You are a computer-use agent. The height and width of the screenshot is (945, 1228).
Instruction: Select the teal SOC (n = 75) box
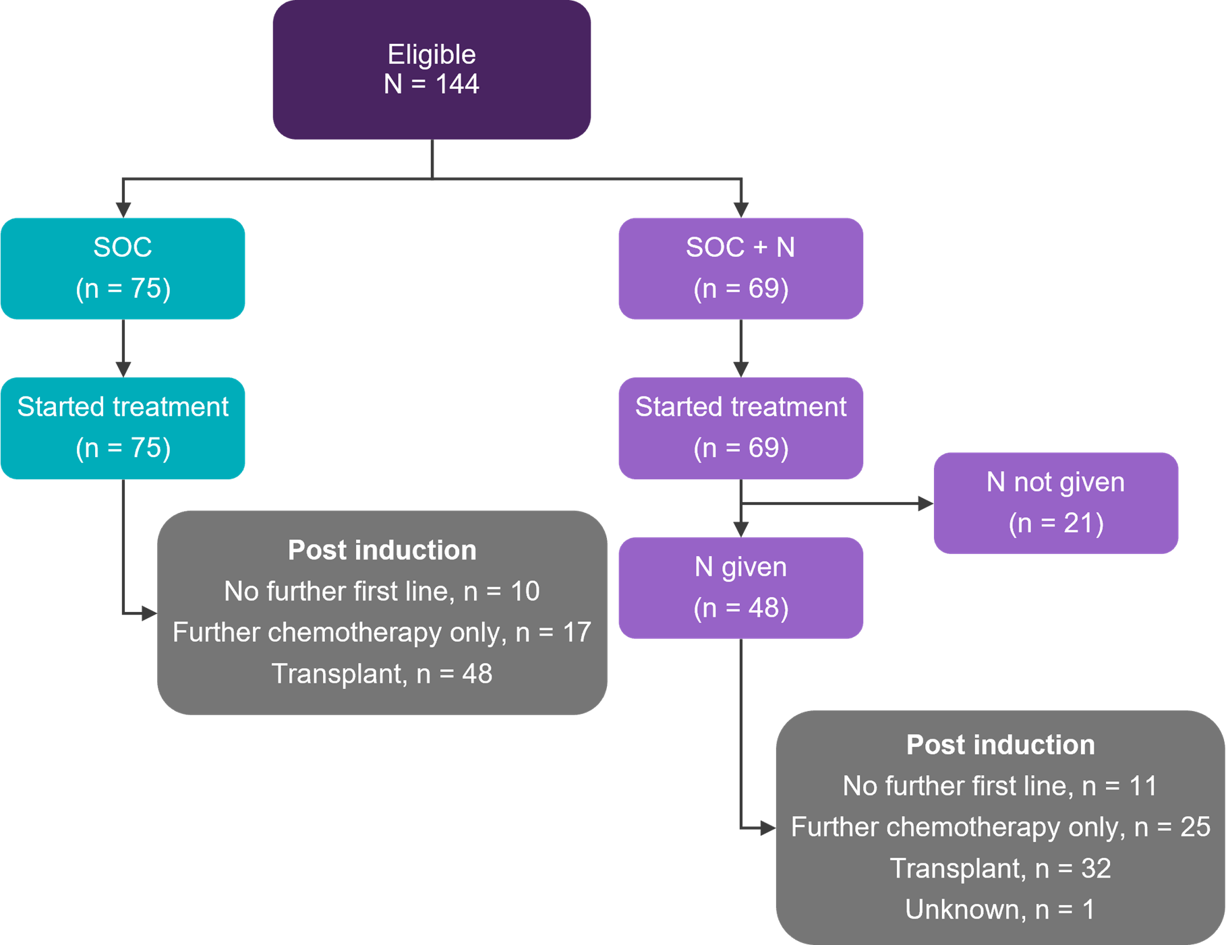tap(122, 268)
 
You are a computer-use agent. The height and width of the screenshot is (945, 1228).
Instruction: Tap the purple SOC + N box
tap(740, 268)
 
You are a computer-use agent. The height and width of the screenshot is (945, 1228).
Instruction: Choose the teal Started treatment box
tap(122, 427)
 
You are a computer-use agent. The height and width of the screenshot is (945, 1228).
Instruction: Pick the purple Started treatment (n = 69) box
tap(740, 427)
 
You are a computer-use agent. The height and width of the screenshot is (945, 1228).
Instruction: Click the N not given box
tap(1055, 502)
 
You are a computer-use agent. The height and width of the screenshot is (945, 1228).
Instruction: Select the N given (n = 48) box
tap(740, 587)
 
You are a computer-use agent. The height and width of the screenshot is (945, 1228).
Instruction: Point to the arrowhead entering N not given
tap(926, 503)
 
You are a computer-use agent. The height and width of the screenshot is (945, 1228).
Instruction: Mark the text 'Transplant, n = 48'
tap(382, 673)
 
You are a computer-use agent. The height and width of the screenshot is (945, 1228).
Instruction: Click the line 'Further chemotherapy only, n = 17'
tap(382, 632)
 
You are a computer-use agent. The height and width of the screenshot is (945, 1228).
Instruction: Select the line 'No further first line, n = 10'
tap(382, 591)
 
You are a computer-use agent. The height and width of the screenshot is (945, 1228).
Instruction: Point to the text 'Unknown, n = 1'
tap(999, 909)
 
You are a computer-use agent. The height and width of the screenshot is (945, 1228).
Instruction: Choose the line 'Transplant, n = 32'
tap(999, 868)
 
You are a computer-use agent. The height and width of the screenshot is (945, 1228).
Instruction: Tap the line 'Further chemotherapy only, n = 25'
tap(1000, 827)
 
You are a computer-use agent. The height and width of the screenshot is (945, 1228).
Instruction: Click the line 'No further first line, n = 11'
tap(999, 786)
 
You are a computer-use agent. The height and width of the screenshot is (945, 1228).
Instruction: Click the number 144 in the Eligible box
tap(457, 84)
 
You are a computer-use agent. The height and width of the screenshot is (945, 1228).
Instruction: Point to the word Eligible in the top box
tap(432, 55)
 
